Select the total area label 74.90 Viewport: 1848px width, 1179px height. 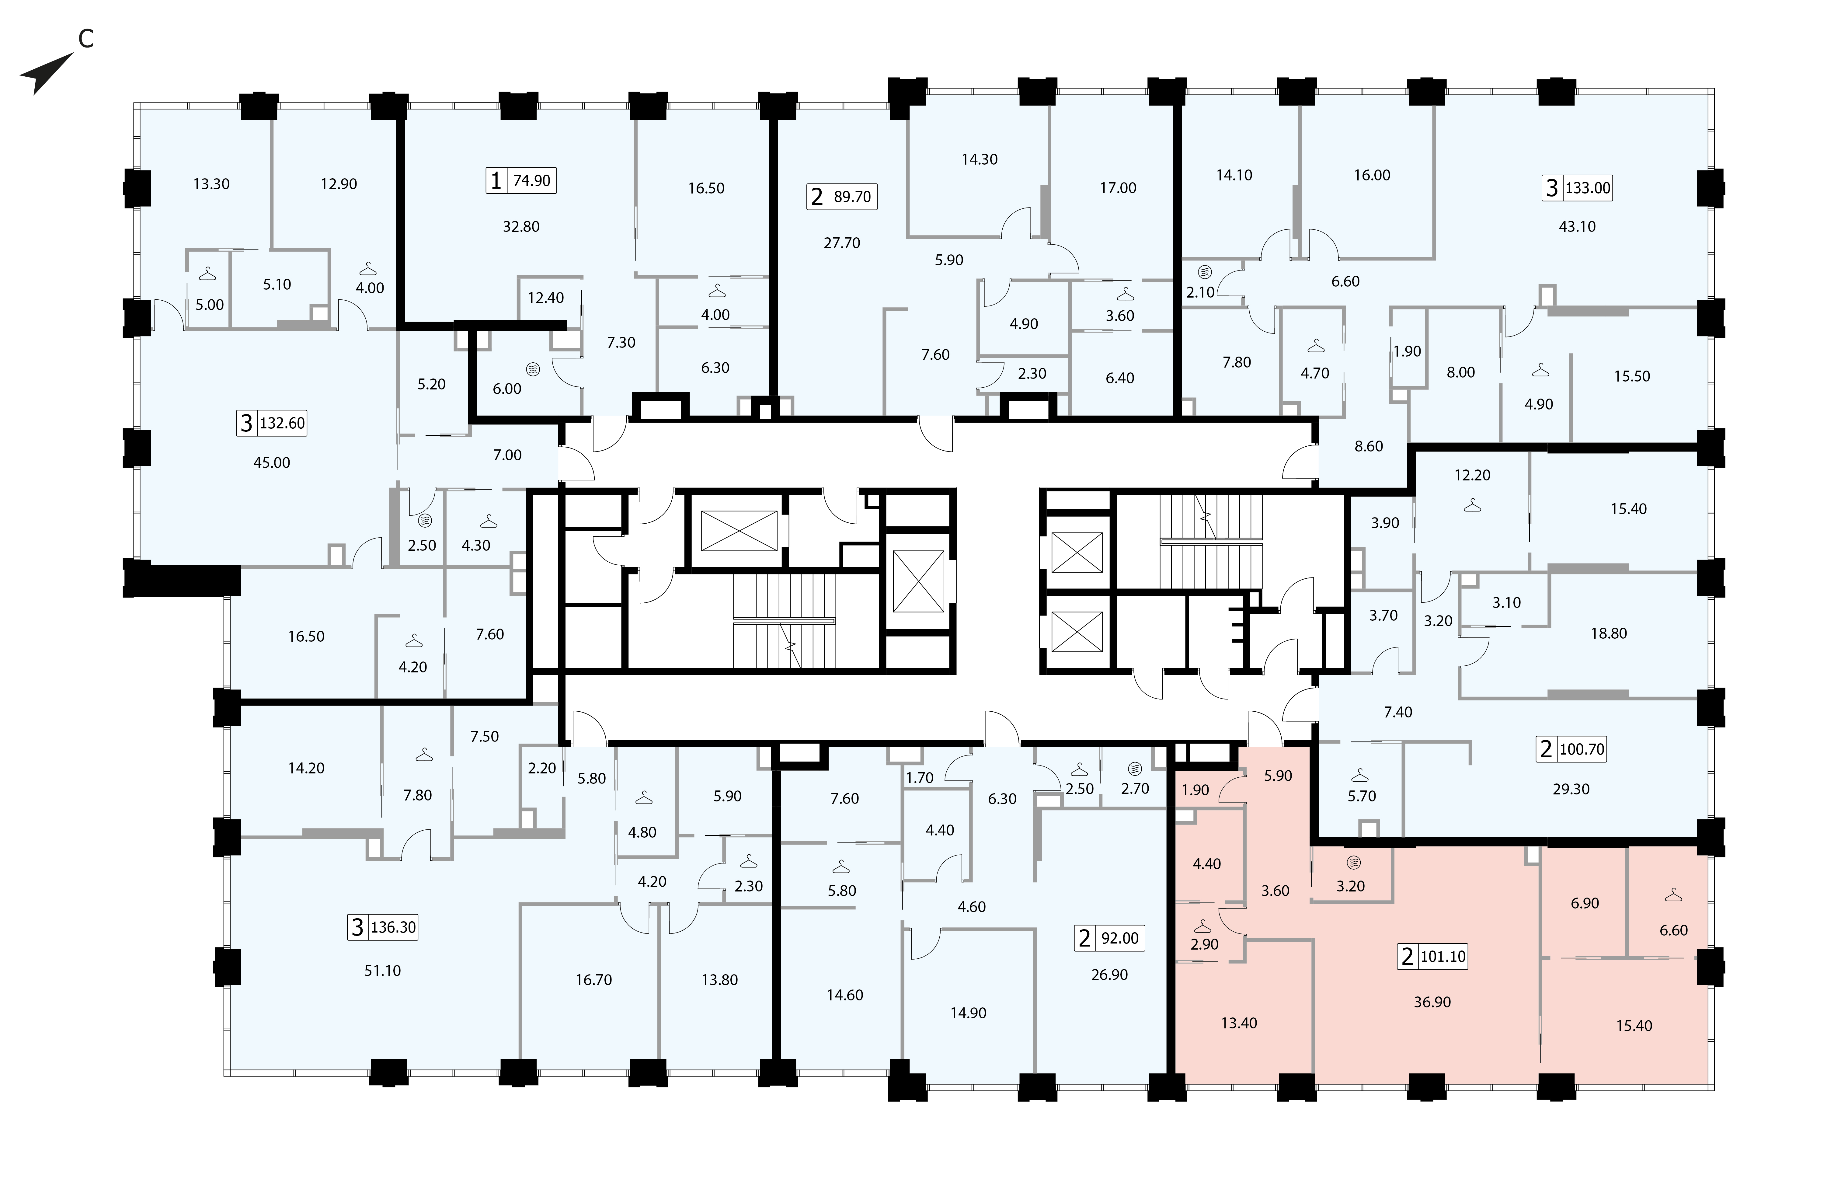click(532, 180)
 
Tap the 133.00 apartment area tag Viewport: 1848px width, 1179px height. click(1588, 188)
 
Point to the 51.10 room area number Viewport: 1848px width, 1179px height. click(382, 971)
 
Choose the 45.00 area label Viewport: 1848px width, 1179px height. click(272, 463)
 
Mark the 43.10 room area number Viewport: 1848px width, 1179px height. click(1577, 226)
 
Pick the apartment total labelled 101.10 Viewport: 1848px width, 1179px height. click(1443, 956)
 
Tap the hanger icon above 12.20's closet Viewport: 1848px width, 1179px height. click(1472, 506)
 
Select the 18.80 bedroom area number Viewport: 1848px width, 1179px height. click(1609, 633)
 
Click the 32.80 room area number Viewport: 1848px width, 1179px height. click(521, 226)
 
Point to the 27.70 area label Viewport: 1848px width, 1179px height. click(842, 243)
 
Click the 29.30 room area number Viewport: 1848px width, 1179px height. click(1571, 789)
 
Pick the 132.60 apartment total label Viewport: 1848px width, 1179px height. click(282, 423)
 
